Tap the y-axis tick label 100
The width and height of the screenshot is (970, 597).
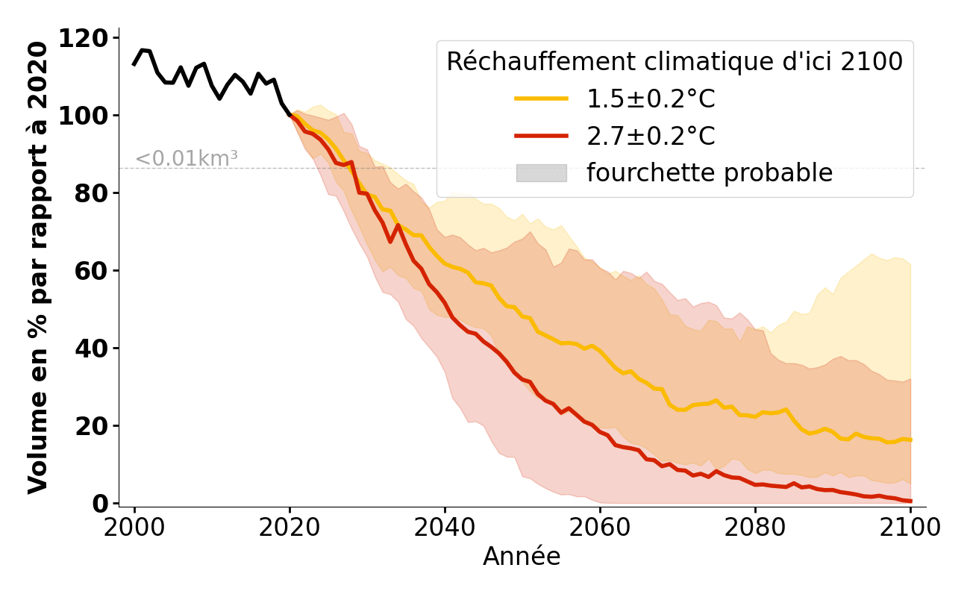click(x=92, y=116)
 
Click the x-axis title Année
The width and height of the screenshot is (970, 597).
click(x=522, y=557)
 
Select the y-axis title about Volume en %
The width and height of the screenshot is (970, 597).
click(x=38, y=267)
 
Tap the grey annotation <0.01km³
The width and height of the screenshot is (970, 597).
click(x=187, y=159)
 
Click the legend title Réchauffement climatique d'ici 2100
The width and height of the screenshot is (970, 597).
click(x=675, y=62)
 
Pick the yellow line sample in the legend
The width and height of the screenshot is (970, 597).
click(x=541, y=99)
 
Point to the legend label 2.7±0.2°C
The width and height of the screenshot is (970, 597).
click(x=651, y=136)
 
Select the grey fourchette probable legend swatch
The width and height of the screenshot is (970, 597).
click(x=541, y=173)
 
